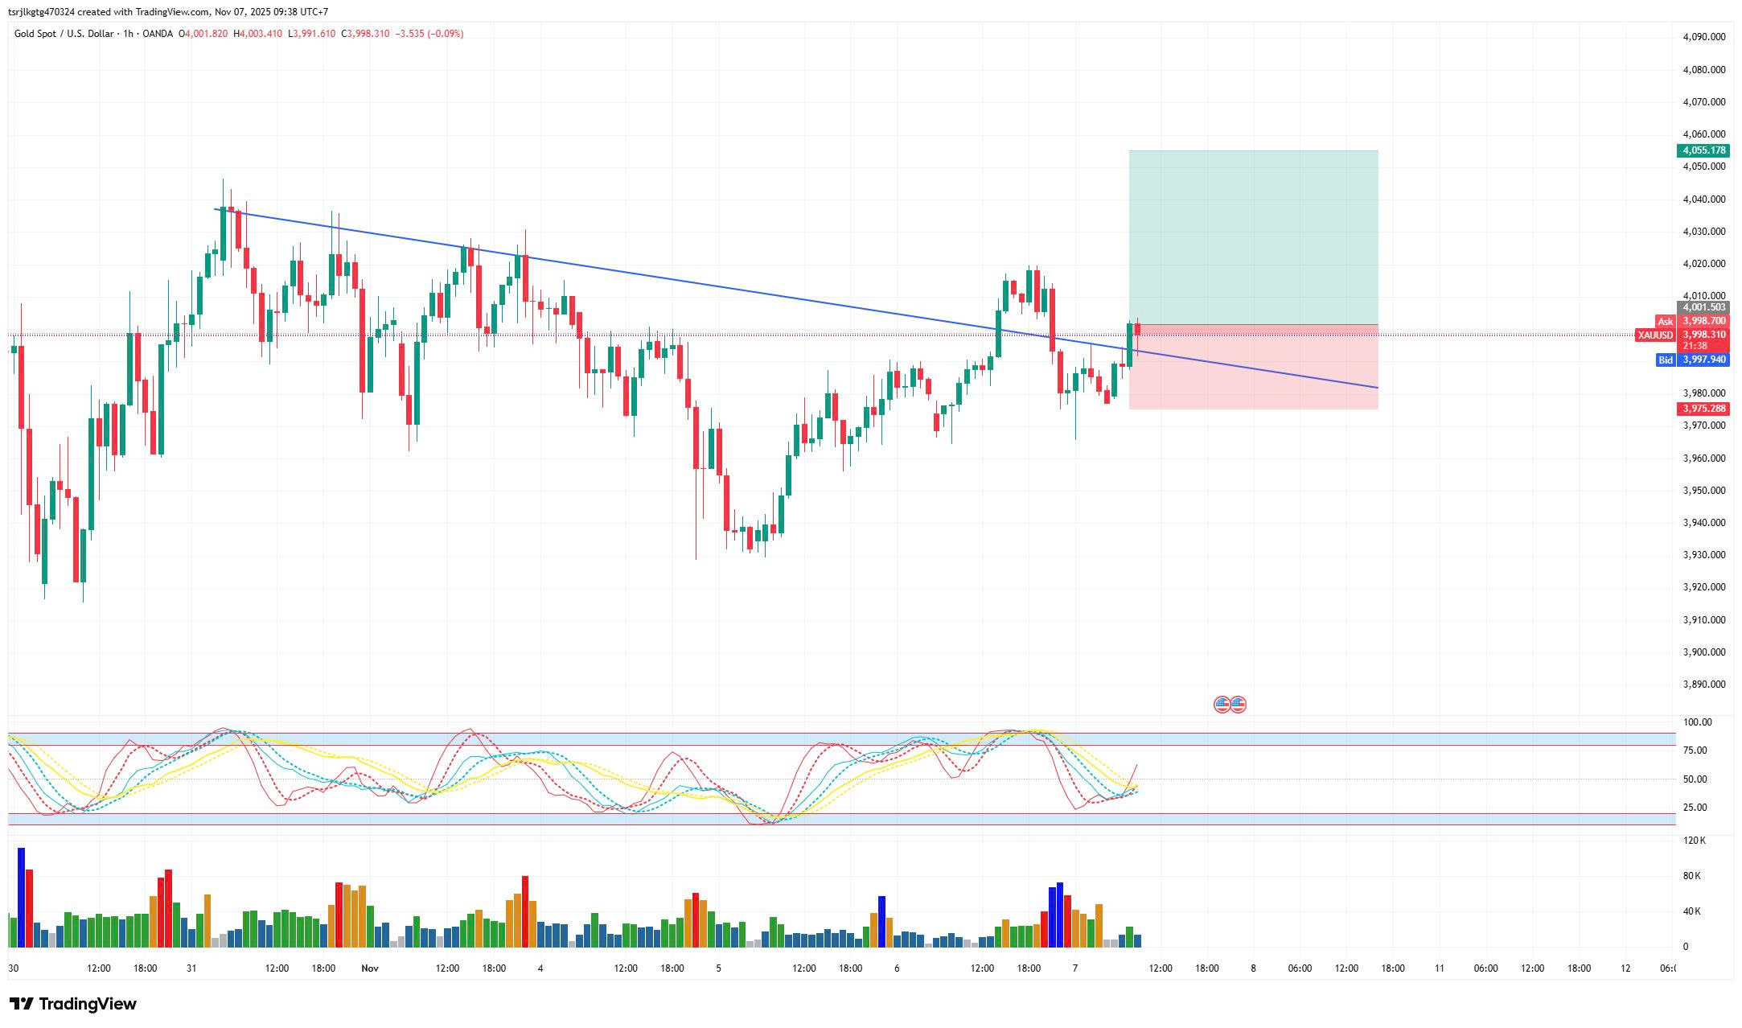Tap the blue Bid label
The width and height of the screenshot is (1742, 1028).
click(1665, 360)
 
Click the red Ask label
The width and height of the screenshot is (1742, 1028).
click(1664, 321)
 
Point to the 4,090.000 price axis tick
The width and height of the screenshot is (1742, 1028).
click(1703, 37)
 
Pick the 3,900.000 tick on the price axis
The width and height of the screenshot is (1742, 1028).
click(1703, 652)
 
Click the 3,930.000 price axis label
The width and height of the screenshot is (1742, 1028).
click(1703, 555)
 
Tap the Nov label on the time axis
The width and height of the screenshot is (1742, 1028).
click(370, 968)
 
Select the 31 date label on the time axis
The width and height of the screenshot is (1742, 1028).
click(191, 968)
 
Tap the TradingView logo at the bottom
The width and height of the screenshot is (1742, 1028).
click(73, 1004)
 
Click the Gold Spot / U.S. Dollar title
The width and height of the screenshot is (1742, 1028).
click(64, 34)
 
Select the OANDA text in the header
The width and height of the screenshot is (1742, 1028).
click(158, 34)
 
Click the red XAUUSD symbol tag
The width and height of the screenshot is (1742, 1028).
click(1655, 335)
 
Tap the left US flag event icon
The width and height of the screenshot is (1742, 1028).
click(1221, 705)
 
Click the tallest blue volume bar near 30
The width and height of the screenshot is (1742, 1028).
click(22, 897)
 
